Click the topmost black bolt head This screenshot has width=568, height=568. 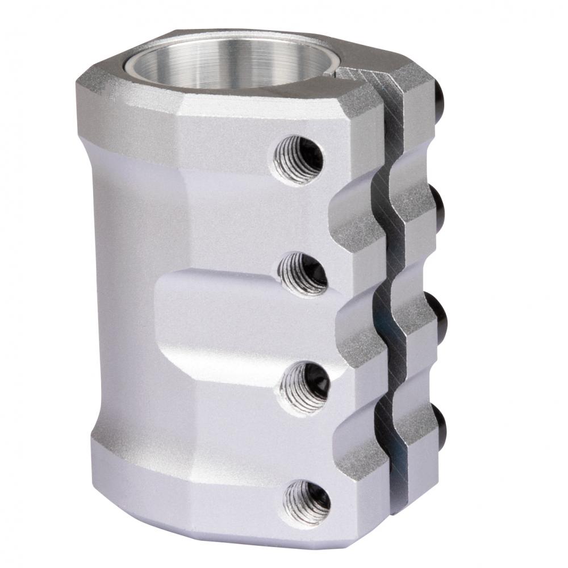[x=443, y=92]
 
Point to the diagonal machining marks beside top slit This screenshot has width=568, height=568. [x=375, y=76]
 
